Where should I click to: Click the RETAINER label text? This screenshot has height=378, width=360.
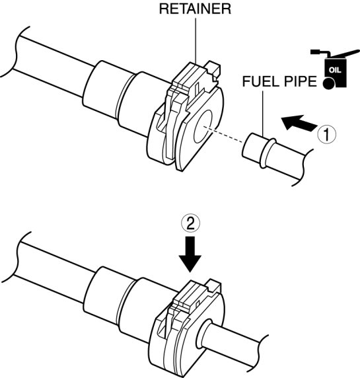click(x=195, y=9)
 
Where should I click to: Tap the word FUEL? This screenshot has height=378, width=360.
click(x=260, y=81)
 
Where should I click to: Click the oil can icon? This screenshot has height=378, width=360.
click(x=335, y=69)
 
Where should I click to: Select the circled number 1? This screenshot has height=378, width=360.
click(x=326, y=134)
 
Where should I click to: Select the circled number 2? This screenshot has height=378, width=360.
click(x=191, y=224)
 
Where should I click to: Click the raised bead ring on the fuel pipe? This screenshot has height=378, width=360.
click(x=268, y=153)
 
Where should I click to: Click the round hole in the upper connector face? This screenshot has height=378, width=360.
click(x=203, y=127)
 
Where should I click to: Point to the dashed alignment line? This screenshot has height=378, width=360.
click(x=223, y=135)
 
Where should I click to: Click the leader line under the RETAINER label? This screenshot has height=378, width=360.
click(x=196, y=41)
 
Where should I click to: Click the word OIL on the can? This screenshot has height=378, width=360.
click(x=335, y=70)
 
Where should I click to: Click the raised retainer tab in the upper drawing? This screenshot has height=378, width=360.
click(x=195, y=79)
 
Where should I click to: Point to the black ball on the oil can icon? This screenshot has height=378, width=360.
click(x=329, y=83)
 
